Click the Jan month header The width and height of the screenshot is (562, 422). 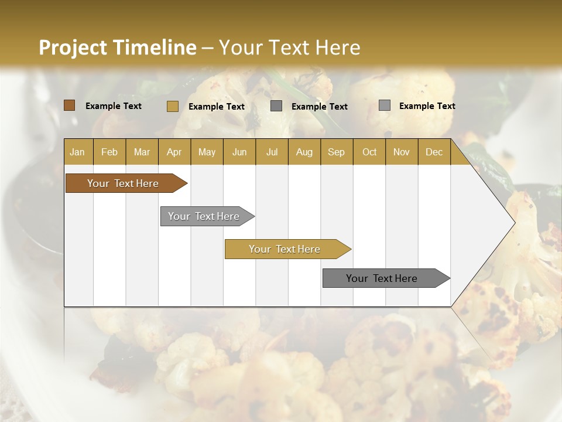tap(77, 152)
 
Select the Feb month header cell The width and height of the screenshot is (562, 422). tap(109, 152)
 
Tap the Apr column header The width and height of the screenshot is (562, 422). tap(174, 152)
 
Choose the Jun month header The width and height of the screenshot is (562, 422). tap(239, 152)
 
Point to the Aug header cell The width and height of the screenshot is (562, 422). tap(304, 152)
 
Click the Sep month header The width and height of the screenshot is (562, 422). tap(336, 152)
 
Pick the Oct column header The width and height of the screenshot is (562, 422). tap(369, 152)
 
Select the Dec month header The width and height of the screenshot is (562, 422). tap(434, 152)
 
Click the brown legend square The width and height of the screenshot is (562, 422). tap(70, 105)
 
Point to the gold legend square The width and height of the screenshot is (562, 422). tap(173, 106)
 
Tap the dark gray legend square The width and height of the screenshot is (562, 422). tap(276, 106)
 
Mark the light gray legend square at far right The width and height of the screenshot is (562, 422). tap(385, 105)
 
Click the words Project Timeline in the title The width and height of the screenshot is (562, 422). tap(117, 47)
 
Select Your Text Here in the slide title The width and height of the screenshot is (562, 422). tap(289, 47)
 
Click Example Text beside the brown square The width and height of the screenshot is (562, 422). tap(114, 106)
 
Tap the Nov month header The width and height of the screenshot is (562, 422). tap(401, 152)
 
